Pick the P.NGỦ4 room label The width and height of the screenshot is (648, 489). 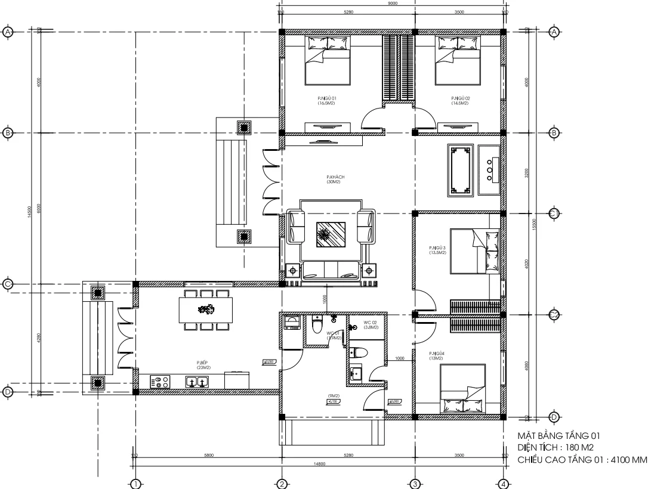click(x=436, y=356)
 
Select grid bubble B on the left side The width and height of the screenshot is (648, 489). click(x=8, y=132)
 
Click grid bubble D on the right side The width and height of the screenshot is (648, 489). click(x=553, y=417)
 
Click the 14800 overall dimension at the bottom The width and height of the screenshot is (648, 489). click(x=319, y=463)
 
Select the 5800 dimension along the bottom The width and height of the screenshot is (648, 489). click(x=209, y=455)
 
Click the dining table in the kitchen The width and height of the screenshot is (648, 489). click(x=206, y=310)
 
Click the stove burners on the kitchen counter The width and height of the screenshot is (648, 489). click(x=161, y=382)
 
